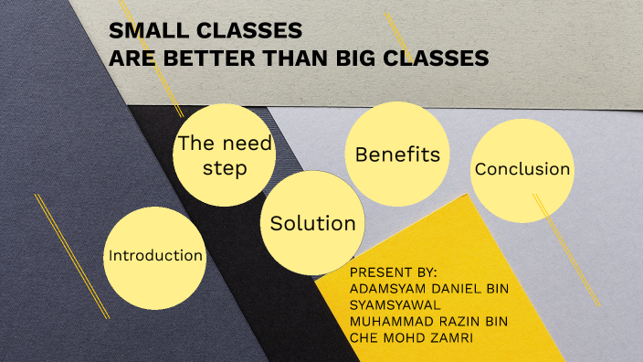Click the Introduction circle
click(155, 256)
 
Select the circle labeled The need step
click(225, 155)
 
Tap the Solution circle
click(312, 223)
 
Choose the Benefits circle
click(397, 154)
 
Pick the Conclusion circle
click(522, 169)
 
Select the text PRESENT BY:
click(394, 273)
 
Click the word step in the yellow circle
click(225, 169)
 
